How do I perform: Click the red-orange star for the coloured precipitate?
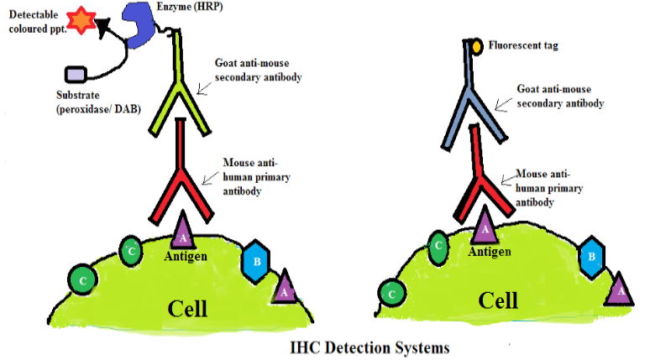click(x=81, y=20)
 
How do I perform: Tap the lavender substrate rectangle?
click(x=76, y=75)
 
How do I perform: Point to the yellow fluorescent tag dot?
click(x=477, y=46)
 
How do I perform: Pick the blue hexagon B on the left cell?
click(x=256, y=262)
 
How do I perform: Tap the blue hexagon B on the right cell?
click(x=591, y=257)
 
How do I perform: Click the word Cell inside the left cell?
click(x=187, y=309)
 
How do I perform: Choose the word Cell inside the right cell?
click(x=498, y=300)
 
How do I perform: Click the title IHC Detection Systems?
click(x=370, y=347)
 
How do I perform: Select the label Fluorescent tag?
click(x=523, y=45)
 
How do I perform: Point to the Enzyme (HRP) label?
click(x=190, y=7)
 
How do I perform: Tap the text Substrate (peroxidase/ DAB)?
click(x=98, y=102)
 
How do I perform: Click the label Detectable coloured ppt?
click(x=38, y=22)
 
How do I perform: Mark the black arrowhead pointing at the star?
click(x=102, y=28)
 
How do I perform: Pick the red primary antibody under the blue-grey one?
click(x=482, y=174)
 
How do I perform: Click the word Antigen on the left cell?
click(x=186, y=256)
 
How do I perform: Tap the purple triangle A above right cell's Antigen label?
click(x=485, y=227)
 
